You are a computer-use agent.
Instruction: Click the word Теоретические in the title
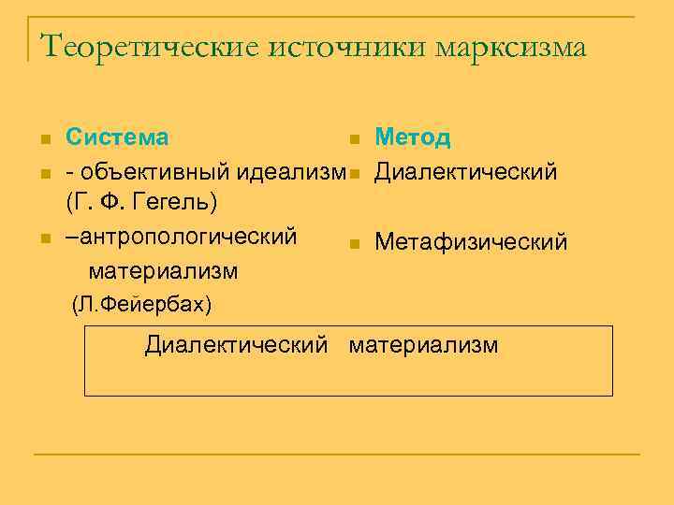(x=149, y=46)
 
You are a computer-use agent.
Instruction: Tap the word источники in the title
(x=345, y=46)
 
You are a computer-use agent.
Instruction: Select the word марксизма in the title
(x=511, y=46)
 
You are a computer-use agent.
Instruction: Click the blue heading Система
(x=117, y=137)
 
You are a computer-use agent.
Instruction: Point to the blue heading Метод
(x=413, y=137)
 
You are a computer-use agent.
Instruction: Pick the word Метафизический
(x=471, y=243)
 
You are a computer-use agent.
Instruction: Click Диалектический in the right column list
(x=466, y=172)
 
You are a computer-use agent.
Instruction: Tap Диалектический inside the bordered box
(x=237, y=345)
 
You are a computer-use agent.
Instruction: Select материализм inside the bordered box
(x=424, y=345)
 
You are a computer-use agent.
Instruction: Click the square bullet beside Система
(x=44, y=140)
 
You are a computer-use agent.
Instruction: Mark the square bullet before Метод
(x=353, y=140)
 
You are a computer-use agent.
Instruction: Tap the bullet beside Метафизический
(x=353, y=245)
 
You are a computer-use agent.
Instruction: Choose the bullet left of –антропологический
(x=44, y=238)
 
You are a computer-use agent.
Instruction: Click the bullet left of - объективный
(x=44, y=174)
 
